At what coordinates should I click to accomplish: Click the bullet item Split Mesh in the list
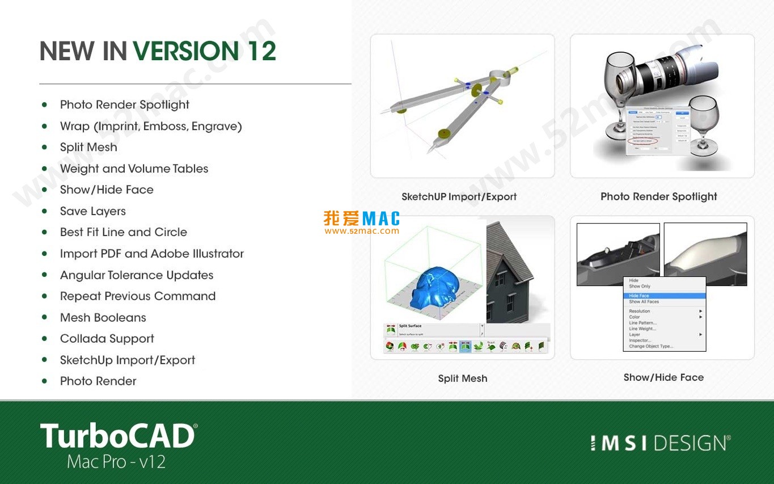(88, 148)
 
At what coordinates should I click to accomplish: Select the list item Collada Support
(107, 339)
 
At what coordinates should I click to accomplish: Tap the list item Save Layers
(93, 211)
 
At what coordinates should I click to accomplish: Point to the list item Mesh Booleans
(103, 318)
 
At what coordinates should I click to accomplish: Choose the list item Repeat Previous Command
(138, 296)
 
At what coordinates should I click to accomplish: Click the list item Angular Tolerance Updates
(137, 275)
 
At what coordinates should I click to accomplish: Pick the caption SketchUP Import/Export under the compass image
(459, 197)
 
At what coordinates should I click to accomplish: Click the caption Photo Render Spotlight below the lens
(658, 197)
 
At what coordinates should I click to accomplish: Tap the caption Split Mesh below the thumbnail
(462, 378)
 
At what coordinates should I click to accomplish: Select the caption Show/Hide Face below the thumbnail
(663, 377)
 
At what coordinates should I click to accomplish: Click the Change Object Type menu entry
(651, 346)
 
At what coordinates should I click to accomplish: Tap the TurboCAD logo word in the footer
(118, 436)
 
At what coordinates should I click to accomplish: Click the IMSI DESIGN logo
(660, 443)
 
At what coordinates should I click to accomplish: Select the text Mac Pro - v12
(116, 462)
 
